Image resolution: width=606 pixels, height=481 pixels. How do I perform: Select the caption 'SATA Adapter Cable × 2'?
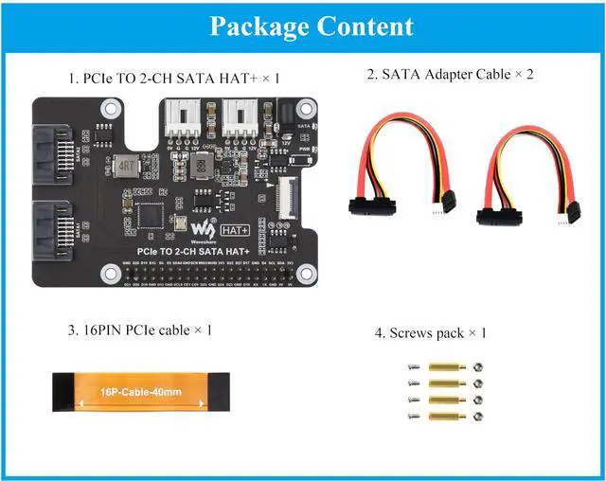pos(450,73)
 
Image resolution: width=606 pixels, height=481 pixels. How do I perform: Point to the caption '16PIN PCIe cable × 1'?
pos(139,330)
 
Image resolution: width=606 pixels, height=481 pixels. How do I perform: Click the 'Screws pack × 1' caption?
pos(430,332)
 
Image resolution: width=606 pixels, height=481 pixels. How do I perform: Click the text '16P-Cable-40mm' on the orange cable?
pos(137,390)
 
